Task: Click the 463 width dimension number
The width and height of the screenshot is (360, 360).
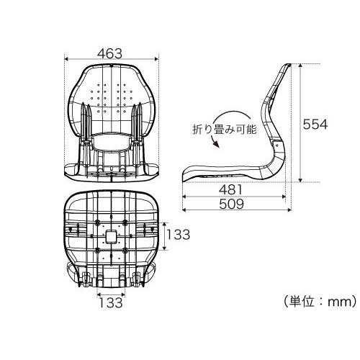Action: tap(109, 53)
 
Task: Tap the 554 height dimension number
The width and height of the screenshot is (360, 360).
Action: tap(315, 124)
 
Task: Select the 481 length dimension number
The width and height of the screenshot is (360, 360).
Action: tap(231, 190)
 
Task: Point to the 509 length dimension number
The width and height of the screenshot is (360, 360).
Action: tap(231, 204)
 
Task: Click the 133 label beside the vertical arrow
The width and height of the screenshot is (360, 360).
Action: tap(178, 235)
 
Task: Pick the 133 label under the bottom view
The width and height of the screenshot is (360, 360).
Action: tap(111, 302)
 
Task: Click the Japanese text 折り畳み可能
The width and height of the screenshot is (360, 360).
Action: tap(225, 130)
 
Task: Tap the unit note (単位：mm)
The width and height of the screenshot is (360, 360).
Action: tap(320, 302)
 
